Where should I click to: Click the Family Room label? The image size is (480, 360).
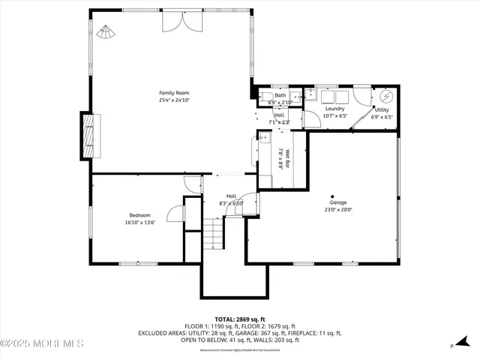click(x=172, y=93)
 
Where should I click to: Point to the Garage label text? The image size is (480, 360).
click(x=339, y=202)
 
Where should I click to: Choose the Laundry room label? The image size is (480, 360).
click(x=334, y=109)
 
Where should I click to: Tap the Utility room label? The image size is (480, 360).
click(x=381, y=109)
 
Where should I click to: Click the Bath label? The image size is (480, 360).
click(x=280, y=95)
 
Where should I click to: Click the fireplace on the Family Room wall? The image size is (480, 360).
click(x=89, y=136)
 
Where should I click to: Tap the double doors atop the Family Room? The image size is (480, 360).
click(x=182, y=21)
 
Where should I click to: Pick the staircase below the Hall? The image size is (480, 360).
click(x=214, y=232)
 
